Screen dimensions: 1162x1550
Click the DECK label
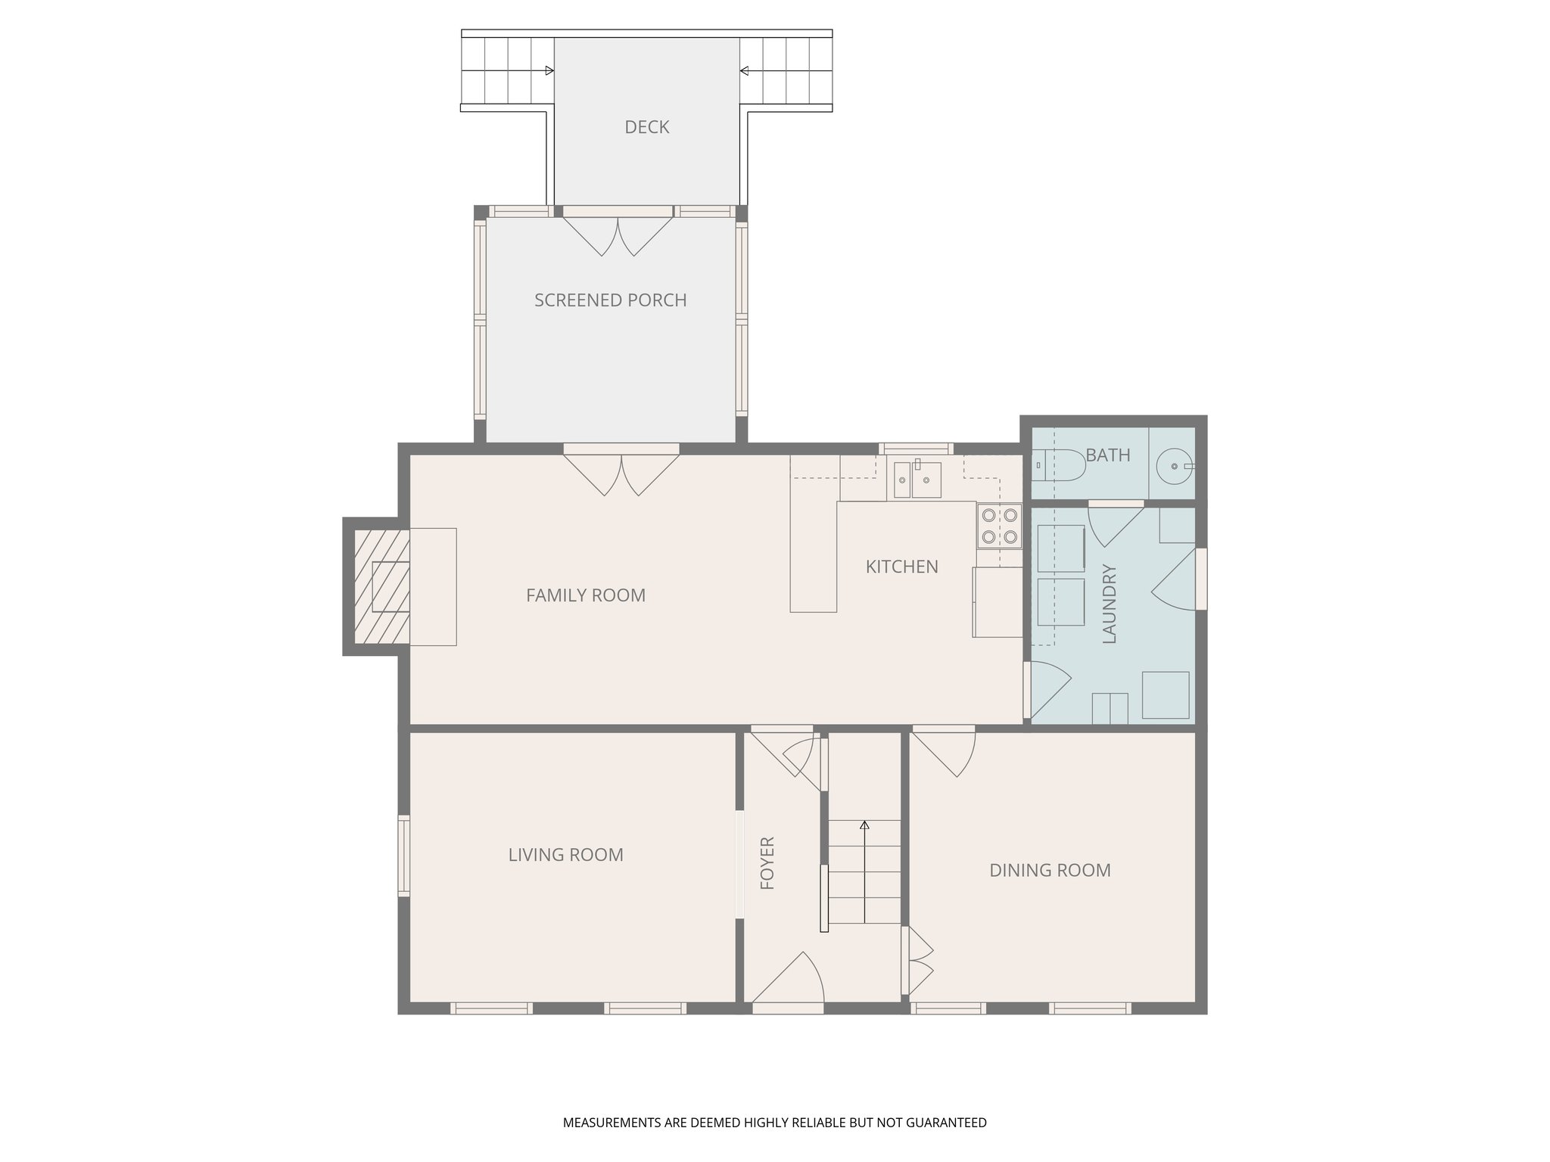click(646, 127)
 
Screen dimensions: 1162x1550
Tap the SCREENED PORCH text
click(610, 300)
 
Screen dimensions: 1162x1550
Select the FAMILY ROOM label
click(586, 595)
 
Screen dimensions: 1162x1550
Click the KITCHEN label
click(901, 567)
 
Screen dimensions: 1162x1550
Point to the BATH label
click(1107, 455)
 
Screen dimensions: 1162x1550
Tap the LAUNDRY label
click(1110, 604)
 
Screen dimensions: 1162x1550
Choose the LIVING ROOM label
click(565, 855)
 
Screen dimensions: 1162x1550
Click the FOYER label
click(767, 862)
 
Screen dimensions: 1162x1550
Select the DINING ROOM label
click(1050, 870)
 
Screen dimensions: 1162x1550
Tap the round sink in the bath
click(1174, 467)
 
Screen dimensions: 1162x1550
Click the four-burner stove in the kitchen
click(999, 527)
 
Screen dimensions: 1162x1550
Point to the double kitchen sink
click(917, 479)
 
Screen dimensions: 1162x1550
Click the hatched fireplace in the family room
click(382, 586)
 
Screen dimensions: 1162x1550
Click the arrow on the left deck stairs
click(549, 71)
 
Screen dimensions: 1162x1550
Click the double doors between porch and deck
click(618, 233)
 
